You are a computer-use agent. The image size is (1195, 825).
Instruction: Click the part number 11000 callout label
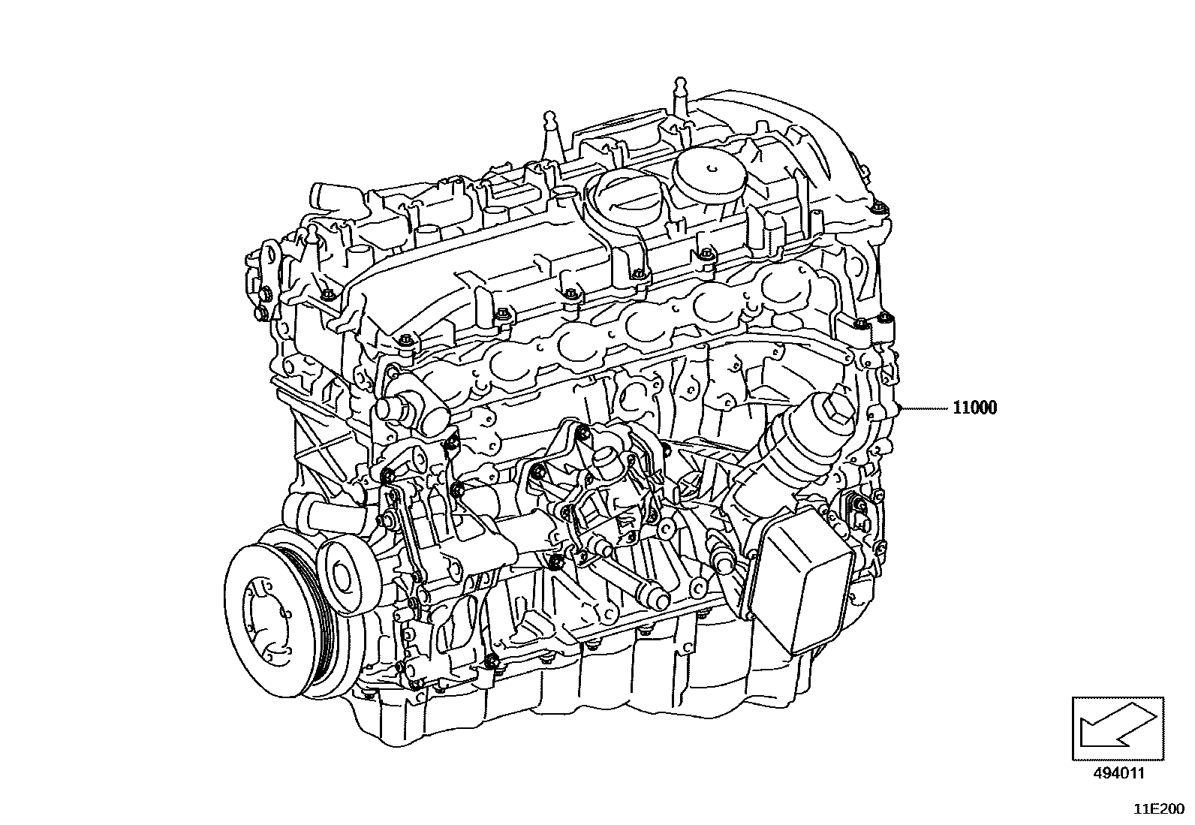click(x=974, y=408)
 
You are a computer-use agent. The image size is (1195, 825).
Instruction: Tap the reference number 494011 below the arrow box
click(x=1118, y=773)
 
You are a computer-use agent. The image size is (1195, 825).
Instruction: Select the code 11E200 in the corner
click(x=1159, y=809)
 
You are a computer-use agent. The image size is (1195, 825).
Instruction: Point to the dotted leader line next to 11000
click(x=925, y=408)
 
